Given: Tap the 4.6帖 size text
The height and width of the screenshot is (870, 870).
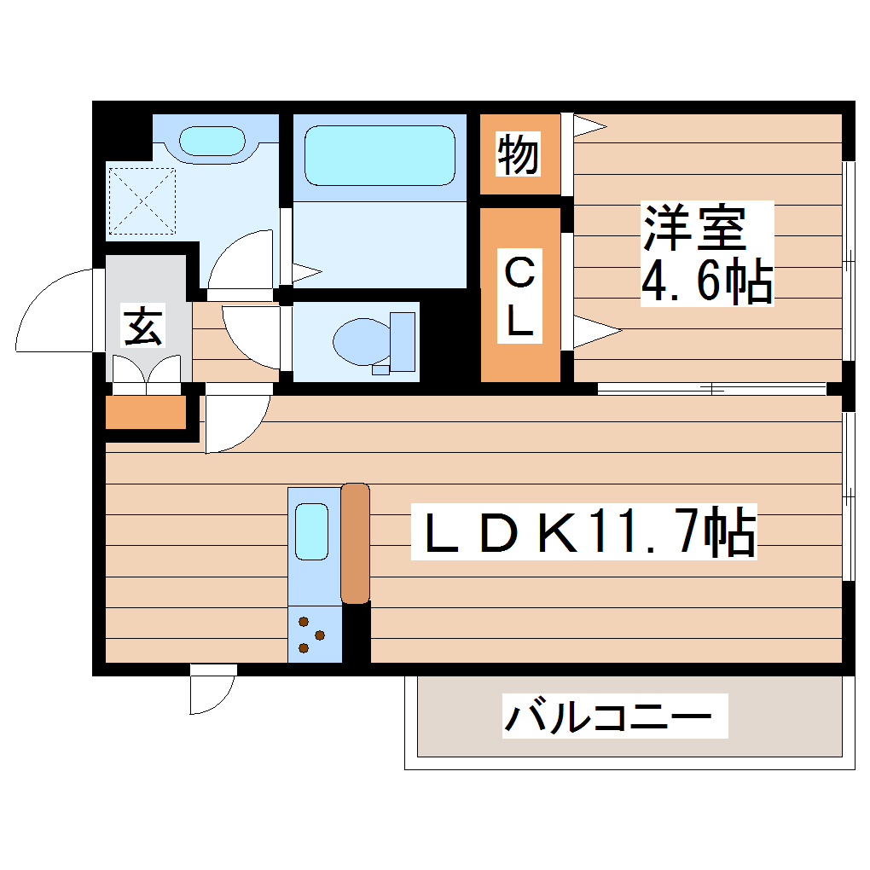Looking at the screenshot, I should [x=706, y=282].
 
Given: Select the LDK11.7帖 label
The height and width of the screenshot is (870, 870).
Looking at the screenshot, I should [x=583, y=533].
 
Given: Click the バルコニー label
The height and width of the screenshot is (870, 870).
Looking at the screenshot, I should [x=607, y=716].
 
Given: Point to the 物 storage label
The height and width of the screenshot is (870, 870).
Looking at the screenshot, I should [x=518, y=154].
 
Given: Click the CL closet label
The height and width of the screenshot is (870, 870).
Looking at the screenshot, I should [x=520, y=299].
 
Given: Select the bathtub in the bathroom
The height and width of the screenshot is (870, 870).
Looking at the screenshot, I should [x=380, y=154].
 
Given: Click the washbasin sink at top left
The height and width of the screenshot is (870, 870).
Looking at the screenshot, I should [x=212, y=140].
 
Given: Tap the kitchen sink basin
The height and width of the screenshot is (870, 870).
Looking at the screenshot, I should [x=311, y=531].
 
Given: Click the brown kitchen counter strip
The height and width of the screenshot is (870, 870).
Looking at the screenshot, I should [x=355, y=542].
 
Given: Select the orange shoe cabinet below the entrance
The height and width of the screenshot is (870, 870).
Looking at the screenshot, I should [x=145, y=413].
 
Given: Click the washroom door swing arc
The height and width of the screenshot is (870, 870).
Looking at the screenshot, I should [x=243, y=260].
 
